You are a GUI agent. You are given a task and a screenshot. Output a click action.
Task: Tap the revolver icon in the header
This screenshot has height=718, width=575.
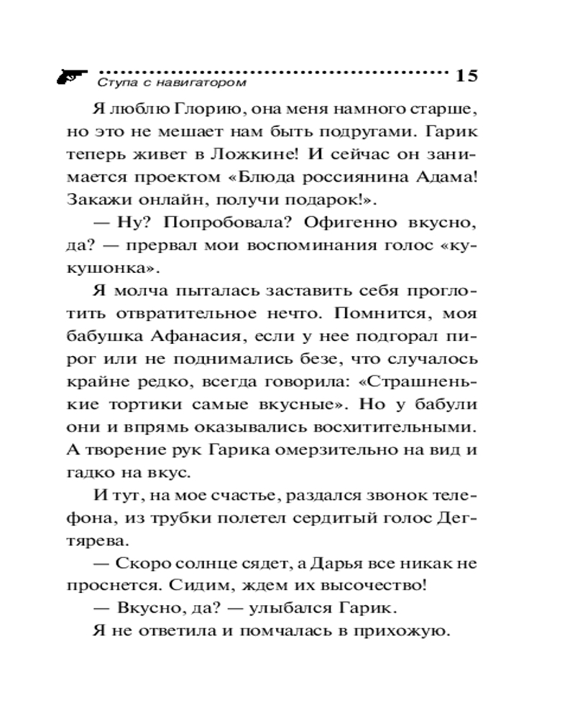coord(71,75)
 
